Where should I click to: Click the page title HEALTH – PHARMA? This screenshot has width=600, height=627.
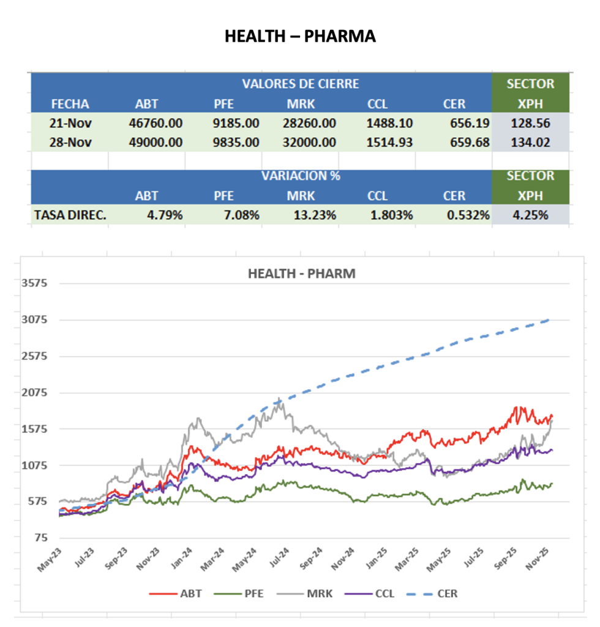(x=300, y=37)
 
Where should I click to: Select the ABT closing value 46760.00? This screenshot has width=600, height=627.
(x=156, y=123)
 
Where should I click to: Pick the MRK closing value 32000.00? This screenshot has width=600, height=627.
(x=309, y=143)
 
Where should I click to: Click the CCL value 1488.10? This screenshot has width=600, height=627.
(x=389, y=123)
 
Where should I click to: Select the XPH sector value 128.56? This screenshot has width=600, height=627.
(x=530, y=123)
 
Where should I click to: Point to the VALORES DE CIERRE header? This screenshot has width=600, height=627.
(x=300, y=84)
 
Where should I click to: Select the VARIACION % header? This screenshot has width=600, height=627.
(x=300, y=176)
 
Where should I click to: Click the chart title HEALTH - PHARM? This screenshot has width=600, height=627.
(x=301, y=273)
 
